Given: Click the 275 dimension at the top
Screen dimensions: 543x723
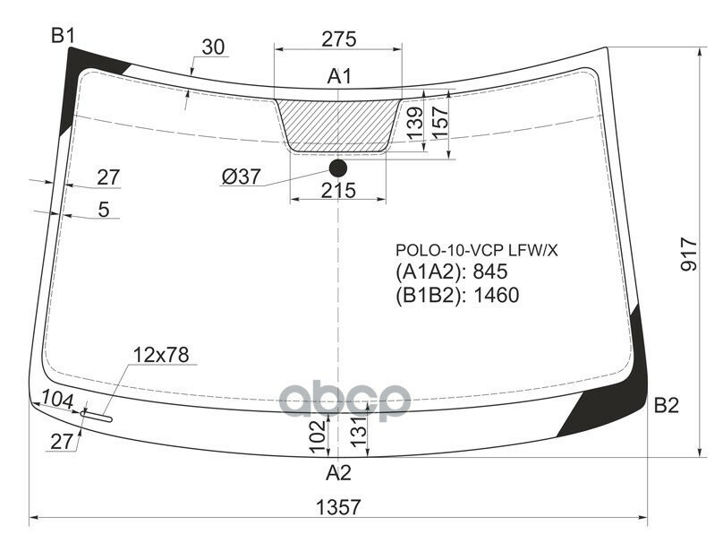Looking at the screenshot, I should (x=338, y=39).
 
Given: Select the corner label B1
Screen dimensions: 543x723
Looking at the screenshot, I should (x=63, y=36).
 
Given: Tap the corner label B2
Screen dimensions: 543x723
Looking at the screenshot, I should (x=666, y=406).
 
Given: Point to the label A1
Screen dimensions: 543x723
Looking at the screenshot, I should (x=338, y=77).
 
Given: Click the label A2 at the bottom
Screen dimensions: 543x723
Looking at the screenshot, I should (x=337, y=472).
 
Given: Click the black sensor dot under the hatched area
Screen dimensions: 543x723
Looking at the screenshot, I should (x=337, y=168).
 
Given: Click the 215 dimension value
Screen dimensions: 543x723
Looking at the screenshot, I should (x=338, y=190).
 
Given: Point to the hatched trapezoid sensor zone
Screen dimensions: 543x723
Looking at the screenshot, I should (x=338, y=124).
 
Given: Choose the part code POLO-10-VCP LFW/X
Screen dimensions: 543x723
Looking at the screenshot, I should (x=477, y=251).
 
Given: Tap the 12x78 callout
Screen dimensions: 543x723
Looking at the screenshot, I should (x=161, y=355).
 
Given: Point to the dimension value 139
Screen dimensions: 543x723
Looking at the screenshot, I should (x=413, y=124).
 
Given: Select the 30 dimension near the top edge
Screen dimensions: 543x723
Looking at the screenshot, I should (x=213, y=48).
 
